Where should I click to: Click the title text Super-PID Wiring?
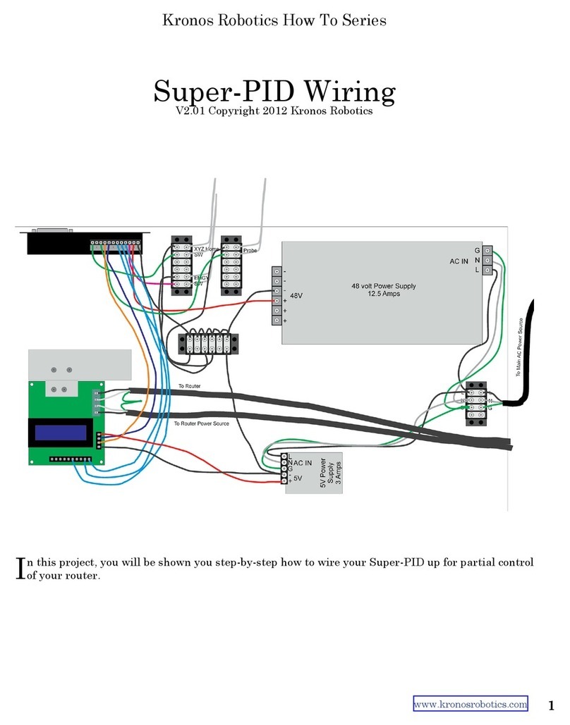point(274,92)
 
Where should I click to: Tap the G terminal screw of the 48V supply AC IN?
point(487,251)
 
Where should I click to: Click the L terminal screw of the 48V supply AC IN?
point(487,271)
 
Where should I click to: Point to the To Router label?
point(190,387)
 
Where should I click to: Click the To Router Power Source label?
point(201,423)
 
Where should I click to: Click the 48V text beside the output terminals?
point(296,297)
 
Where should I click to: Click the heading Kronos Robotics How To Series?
point(274,20)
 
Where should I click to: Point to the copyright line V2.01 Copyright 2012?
point(274,111)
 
